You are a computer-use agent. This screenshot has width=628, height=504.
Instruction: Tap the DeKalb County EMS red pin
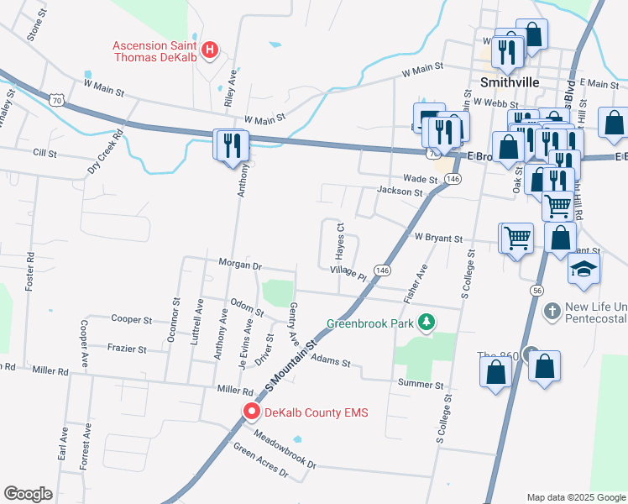point(251,412)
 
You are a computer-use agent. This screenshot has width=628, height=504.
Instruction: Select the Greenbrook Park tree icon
point(427,322)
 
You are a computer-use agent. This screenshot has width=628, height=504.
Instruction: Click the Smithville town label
point(509,82)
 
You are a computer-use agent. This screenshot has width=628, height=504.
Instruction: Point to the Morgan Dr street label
point(240,265)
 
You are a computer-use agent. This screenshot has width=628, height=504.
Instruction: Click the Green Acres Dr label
point(260,463)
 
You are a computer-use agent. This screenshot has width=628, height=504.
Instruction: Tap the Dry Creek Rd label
point(106,150)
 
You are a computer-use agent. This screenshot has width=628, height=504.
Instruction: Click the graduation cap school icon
point(585,270)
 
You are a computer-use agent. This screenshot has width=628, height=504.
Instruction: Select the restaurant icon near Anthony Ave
point(230,146)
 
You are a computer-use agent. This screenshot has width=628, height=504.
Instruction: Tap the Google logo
point(28,493)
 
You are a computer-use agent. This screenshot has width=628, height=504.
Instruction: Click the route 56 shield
point(535,290)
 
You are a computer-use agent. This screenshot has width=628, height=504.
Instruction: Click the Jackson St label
point(400,192)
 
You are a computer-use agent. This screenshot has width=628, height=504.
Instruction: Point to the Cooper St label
point(131,319)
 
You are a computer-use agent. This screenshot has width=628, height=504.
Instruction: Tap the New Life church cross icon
point(552,311)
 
